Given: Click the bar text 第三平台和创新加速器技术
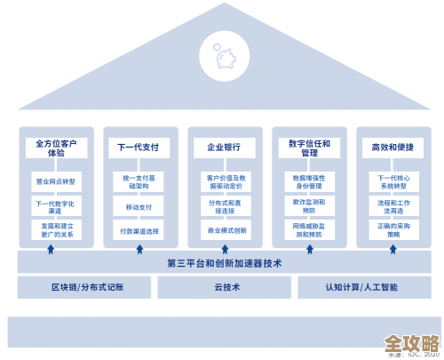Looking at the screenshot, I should (223, 262).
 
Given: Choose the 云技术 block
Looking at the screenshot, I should (223, 287).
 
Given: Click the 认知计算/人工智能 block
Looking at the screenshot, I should (361, 287).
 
